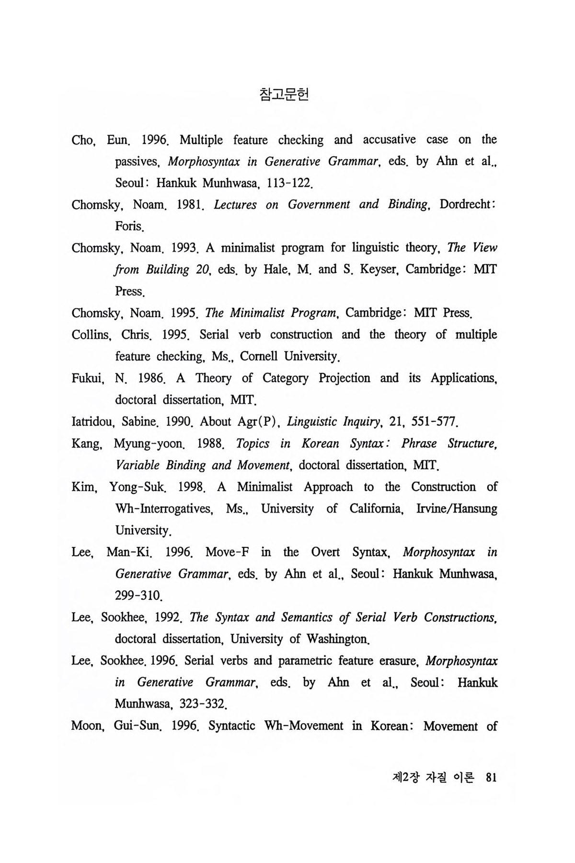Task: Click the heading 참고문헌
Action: coord(284,94)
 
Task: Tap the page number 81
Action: coord(491,777)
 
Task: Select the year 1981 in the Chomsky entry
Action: coord(190,205)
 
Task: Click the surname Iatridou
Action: coord(92,422)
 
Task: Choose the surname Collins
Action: coord(91,335)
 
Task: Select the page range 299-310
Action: coord(139,596)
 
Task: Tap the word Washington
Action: coord(338,639)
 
